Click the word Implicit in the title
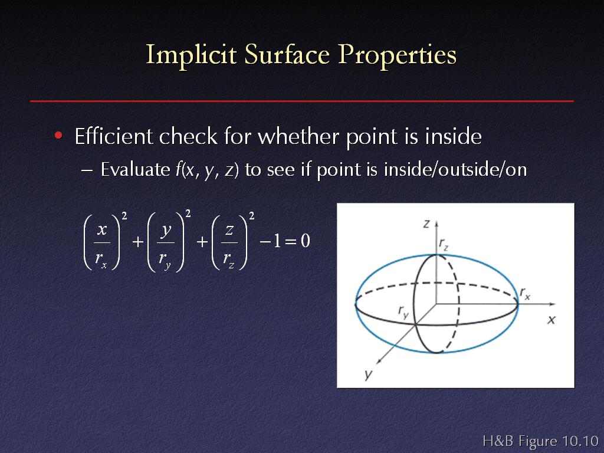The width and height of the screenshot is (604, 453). pyautogui.click(x=191, y=55)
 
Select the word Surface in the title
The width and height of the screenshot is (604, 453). pyautogui.click(x=287, y=54)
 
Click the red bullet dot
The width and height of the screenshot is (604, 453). pyautogui.click(x=58, y=135)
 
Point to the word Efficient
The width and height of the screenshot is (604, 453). pyautogui.click(x=114, y=136)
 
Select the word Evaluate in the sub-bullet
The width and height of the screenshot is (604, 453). pyautogui.click(x=135, y=169)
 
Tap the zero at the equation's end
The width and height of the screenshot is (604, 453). pyautogui.click(x=306, y=241)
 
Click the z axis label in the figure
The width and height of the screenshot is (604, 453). pyautogui.click(x=426, y=224)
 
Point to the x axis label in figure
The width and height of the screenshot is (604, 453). pyautogui.click(x=552, y=320)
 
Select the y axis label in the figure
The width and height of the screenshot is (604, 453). pyautogui.click(x=369, y=375)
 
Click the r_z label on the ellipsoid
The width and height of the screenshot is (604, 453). pyautogui.click(x=444, y=244)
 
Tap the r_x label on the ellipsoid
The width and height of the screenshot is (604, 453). pyautogui.click(x=525, y=293)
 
